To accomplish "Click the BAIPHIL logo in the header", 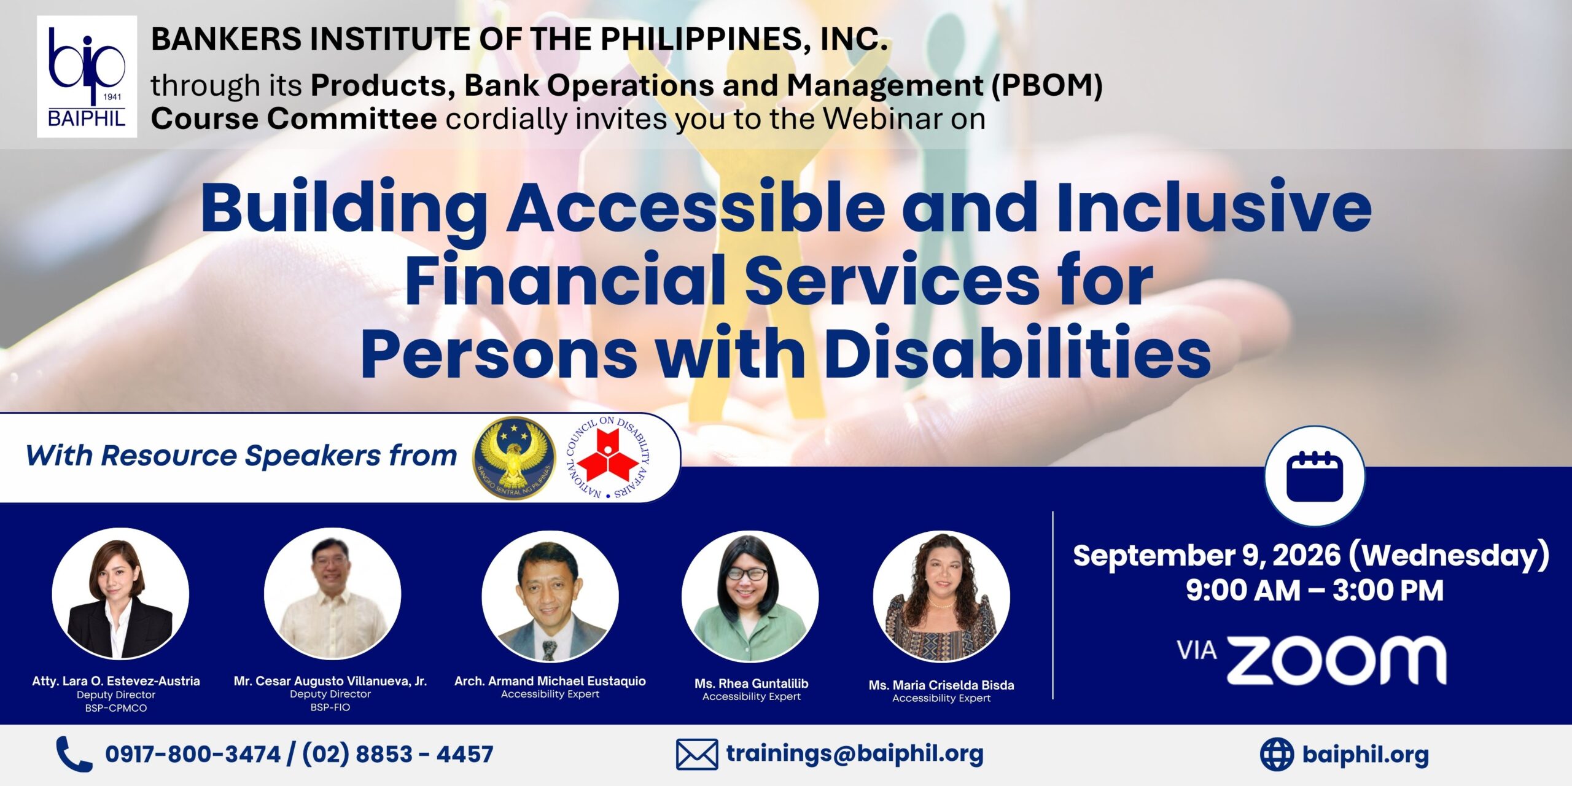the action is point(87,76).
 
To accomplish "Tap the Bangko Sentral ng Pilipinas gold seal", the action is point(514,458).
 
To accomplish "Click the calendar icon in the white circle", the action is point(1315,476).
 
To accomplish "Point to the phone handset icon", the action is point(74,754).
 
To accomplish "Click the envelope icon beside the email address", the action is point(697,754).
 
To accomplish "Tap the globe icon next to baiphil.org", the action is point(1277,754).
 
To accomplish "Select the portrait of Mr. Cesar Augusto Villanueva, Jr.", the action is point(333,594).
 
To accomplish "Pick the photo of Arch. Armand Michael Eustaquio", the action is point(550,596).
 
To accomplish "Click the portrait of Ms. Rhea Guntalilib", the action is point(750,596).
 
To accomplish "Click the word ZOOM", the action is point(1336,660).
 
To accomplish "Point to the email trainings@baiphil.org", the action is point(855,753).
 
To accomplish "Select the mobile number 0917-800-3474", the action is point(193,754).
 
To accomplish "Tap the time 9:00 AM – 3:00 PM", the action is point(1314,591).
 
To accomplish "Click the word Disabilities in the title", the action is point(1018,352).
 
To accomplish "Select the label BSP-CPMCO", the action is point(116,708).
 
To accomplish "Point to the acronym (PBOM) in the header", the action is point(1047,85).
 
